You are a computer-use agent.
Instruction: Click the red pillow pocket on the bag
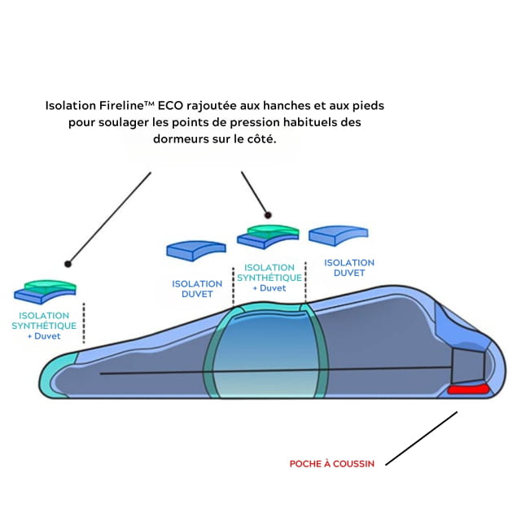pyautogui.click(x=468, y=390)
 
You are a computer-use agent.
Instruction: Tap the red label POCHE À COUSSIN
pyautogui.click(x=332, y=464)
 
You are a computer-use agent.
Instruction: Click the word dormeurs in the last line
pyautogui.click(x=182, y=138)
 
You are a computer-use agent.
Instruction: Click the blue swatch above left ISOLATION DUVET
pyautogui.click(x=190, y=249)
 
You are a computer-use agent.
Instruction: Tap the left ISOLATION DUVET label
pyautogui.click(x=197, y=288)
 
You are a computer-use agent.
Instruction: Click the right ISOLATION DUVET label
pyautogui.click(x=349, y=268)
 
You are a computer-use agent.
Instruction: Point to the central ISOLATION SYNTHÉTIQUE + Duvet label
pyautogui.click(x=269, y=277)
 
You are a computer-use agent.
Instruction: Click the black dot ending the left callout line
pyautogui.click(x=68, y=264)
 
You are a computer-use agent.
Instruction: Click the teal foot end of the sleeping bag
pyautogui.click(x=57, y=377)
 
